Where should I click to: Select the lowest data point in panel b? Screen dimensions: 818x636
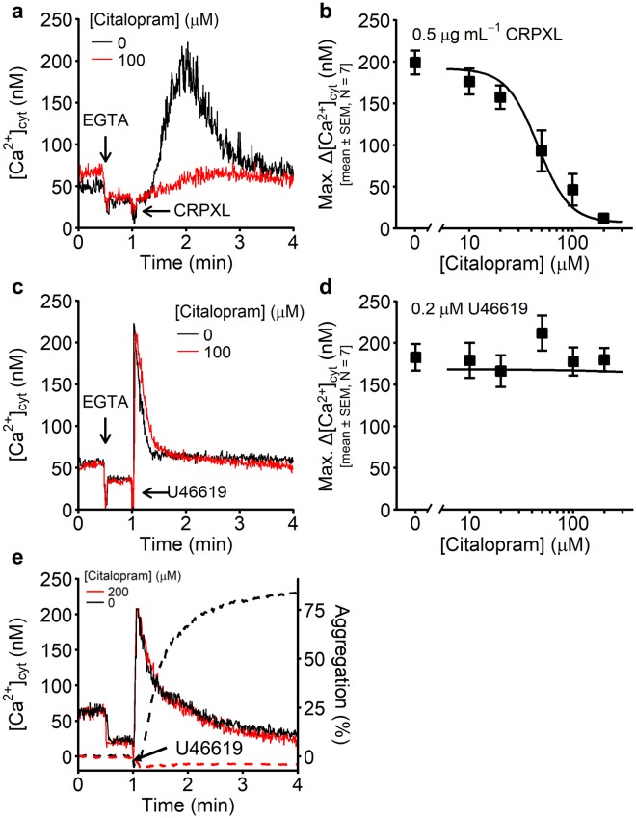(604, 219)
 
